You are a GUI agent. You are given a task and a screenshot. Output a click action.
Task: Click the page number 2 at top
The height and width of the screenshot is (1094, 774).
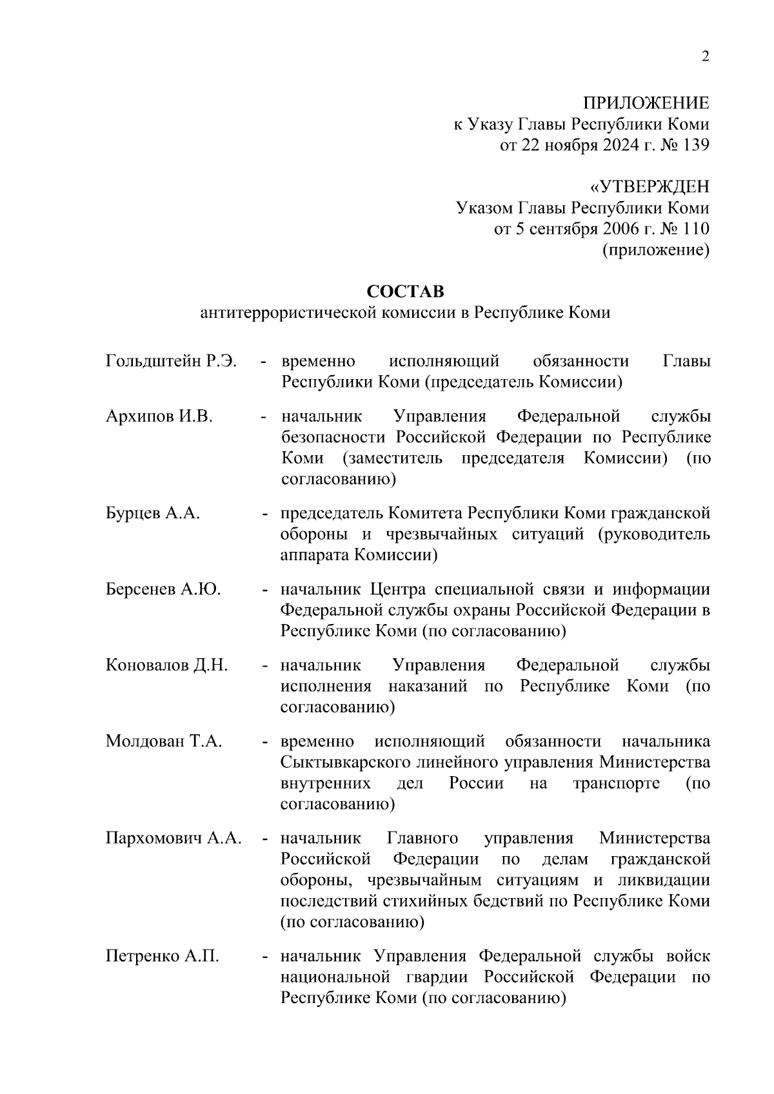pos(705,57)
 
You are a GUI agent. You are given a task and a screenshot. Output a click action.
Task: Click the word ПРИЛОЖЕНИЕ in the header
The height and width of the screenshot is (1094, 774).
pos(646,103)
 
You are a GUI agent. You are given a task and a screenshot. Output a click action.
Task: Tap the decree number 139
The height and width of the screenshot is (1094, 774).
pos(695,145)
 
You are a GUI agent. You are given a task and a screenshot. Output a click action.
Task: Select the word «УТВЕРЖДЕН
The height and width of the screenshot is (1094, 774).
pos(649,187)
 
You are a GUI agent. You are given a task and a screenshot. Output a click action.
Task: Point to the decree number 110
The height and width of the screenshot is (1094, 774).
pos(695,229)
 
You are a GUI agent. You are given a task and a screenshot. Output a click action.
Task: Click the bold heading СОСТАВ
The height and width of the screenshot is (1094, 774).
pos(405,291)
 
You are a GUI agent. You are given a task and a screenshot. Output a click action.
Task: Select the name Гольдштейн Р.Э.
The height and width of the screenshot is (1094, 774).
pos(171,361)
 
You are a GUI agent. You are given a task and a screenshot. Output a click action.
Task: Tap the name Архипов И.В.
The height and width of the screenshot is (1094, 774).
pos(159,416)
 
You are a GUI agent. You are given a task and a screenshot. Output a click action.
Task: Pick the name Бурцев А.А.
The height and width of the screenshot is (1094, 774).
pos(153,513)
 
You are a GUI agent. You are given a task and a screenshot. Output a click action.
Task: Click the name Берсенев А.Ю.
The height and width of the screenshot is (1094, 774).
pos(163,589)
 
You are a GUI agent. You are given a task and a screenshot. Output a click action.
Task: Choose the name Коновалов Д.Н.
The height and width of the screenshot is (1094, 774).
pos(166,665)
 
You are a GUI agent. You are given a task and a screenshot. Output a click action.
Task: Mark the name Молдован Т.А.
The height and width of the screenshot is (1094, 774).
pos(164,741)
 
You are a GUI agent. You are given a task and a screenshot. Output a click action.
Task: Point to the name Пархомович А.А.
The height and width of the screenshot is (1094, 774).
pos(174,838)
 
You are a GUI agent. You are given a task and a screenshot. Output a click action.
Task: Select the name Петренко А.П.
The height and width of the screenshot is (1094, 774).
pos(163,956)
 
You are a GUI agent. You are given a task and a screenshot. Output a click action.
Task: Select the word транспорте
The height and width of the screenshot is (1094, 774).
pos(616,783)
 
